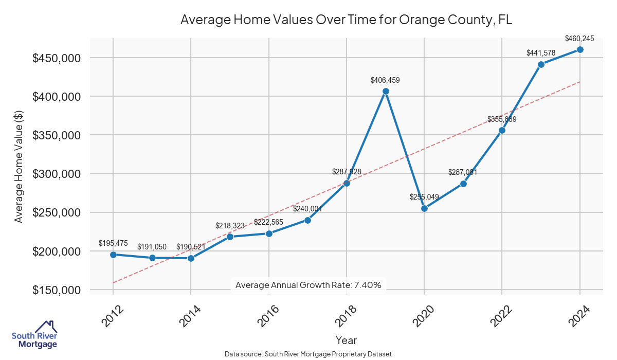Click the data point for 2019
coord(386,92)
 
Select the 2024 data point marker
coord(580,49)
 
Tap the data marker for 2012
coord(113,255)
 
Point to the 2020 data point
coord(424,208)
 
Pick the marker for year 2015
coord(230,237)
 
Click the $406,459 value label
coord(385,80)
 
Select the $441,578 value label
coord(541,53)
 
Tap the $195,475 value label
coord(113,243)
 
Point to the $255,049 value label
coord(424,197)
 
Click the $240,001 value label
coord(307,209)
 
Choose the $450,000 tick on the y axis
coord(56,58)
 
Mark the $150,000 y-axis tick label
coord(56,290)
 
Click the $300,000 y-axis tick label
coord(56,174)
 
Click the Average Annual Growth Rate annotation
coord(308,285)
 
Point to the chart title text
coord(347,20)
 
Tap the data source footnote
coord(308,354)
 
